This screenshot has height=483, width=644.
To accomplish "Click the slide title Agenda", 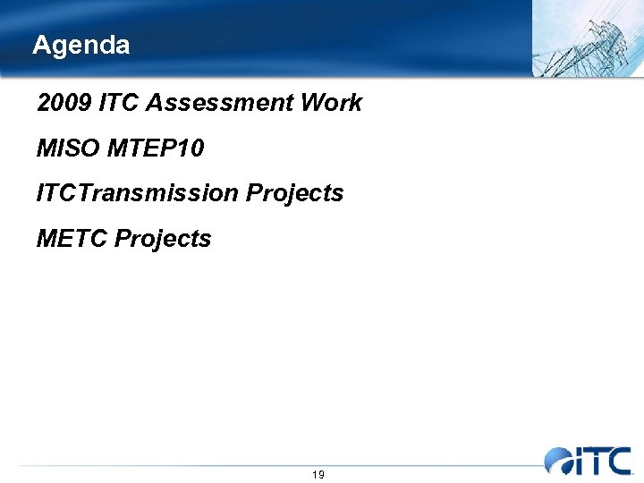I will click(x=80, y=45).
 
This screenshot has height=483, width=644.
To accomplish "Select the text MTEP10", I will click(x=155, y=148).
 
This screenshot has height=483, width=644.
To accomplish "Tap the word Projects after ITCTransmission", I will click(x=294, y=193).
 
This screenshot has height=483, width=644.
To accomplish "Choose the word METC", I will click(x=72, y=239).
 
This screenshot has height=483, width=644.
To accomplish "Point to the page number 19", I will click(x=318, y=474).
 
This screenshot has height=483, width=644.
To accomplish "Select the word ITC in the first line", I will click(x=119, y=103).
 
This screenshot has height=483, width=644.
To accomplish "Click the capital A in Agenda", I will click(x=40, y=45).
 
